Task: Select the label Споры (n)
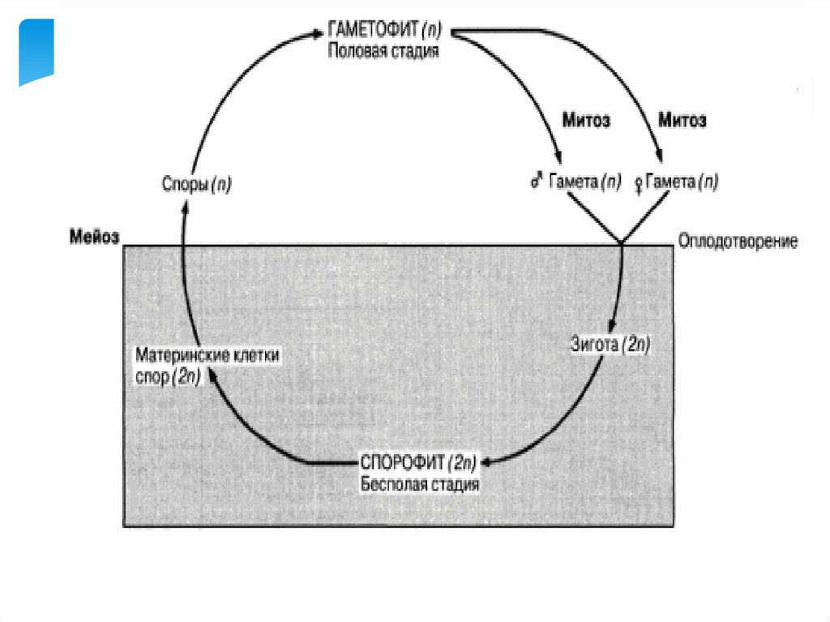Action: [195, 185]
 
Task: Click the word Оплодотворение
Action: [738, 241]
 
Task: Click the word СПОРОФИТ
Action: [402, 463]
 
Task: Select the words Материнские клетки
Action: [207, 355]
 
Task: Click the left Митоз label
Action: [586, 122]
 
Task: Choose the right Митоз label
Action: [682, 122]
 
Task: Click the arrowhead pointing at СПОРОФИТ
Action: [491, 464]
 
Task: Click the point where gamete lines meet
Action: [622, 242]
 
